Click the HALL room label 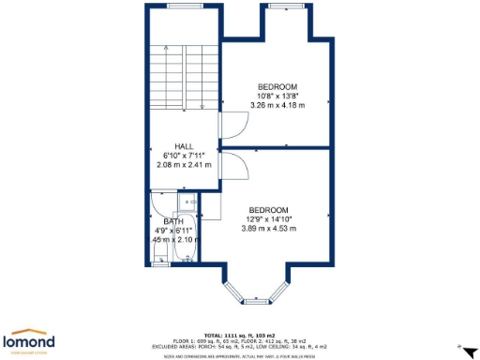tap(184, 145)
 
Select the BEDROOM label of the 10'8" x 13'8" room tap(277, 86)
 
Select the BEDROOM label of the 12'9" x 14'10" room tap(268, 209)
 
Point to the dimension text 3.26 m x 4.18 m tap(277, 105)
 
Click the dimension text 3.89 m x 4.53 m tap(268, 228)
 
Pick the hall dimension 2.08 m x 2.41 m tap(184, 164)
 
